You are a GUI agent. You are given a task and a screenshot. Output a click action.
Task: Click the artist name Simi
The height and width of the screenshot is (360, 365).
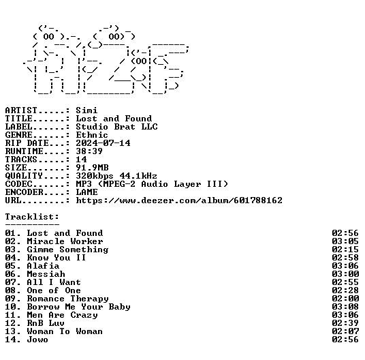pyautogui.click(x=86, y=110)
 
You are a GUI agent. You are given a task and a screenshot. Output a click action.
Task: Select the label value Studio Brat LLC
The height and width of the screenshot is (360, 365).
pyautogui.click(x=116, y=127)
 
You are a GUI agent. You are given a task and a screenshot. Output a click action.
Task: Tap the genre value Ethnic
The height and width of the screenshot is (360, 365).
pyautogui.click(x=92, y=135)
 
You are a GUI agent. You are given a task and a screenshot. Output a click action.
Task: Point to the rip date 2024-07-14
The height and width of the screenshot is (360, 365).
pyautogui.click(x=103, y=142)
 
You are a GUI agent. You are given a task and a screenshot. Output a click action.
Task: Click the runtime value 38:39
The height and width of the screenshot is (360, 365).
pyautogui.click(x=89, y=151)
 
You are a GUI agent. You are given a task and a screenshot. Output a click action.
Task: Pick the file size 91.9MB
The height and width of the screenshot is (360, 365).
pyautogui.click(x=92, y=167)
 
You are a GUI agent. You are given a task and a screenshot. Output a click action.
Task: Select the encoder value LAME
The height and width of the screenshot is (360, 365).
pyautogui.click(x=86, y=192)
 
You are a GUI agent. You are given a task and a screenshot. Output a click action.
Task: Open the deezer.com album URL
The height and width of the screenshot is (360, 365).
pyautogui.click(x=179, y=200)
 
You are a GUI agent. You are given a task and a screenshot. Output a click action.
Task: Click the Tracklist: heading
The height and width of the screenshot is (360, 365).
pyautogui.click(x=32, y=217)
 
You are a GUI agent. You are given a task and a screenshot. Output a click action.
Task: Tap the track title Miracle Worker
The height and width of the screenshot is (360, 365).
pyautogui.click(x=65, y=241)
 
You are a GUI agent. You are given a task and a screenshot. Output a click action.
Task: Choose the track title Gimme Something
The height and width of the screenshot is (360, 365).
pyautogui.click(x=67, y=250)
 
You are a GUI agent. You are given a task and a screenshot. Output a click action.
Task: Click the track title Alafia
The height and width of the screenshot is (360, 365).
pyautogui.click(x=43, y=266)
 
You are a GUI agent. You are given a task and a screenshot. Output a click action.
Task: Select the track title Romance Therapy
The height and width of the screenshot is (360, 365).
pyautogui.click(x=67, y=299)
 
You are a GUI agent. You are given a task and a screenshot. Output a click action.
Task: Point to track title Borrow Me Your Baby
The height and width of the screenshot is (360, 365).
pyautogui.click(x=79, y=307)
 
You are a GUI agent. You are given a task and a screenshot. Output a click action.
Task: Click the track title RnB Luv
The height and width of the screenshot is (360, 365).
pyautogui.click(x=46, y=323)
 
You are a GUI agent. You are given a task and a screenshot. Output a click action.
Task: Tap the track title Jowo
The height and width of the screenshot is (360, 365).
pyautogui.click(x=37, y=340)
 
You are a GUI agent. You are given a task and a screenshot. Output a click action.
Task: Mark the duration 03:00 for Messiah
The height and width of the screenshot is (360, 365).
pyautogui.click(x=345, y=274)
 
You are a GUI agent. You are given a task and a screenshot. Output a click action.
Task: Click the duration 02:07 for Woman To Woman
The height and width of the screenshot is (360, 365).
pyautogui.click(x=345, y=331)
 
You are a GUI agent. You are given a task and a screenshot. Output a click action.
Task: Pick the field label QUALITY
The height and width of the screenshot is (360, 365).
pyautogui.click(x=24, y=176)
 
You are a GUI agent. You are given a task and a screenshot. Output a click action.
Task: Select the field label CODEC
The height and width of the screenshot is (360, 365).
pyautogui.click(x=18, y=184)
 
